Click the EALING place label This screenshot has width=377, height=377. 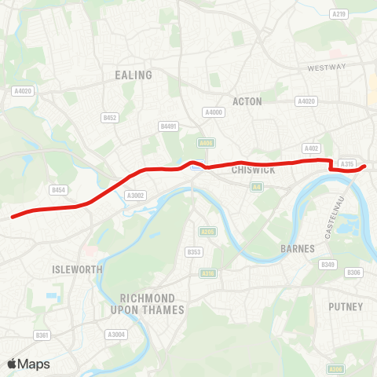133,75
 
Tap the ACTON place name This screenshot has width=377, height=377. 247,101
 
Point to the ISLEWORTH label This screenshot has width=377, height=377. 77,269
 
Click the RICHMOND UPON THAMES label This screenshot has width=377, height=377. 152,304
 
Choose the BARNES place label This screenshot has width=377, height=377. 297,248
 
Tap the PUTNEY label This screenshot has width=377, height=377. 346,306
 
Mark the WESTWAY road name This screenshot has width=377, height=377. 326,68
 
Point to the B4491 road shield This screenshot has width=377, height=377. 168,126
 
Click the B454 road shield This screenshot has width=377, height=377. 57,190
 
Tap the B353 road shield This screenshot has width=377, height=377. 194,252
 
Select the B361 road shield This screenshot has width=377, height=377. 42,335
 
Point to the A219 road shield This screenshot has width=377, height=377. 339,14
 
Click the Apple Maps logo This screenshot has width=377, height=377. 29,364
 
